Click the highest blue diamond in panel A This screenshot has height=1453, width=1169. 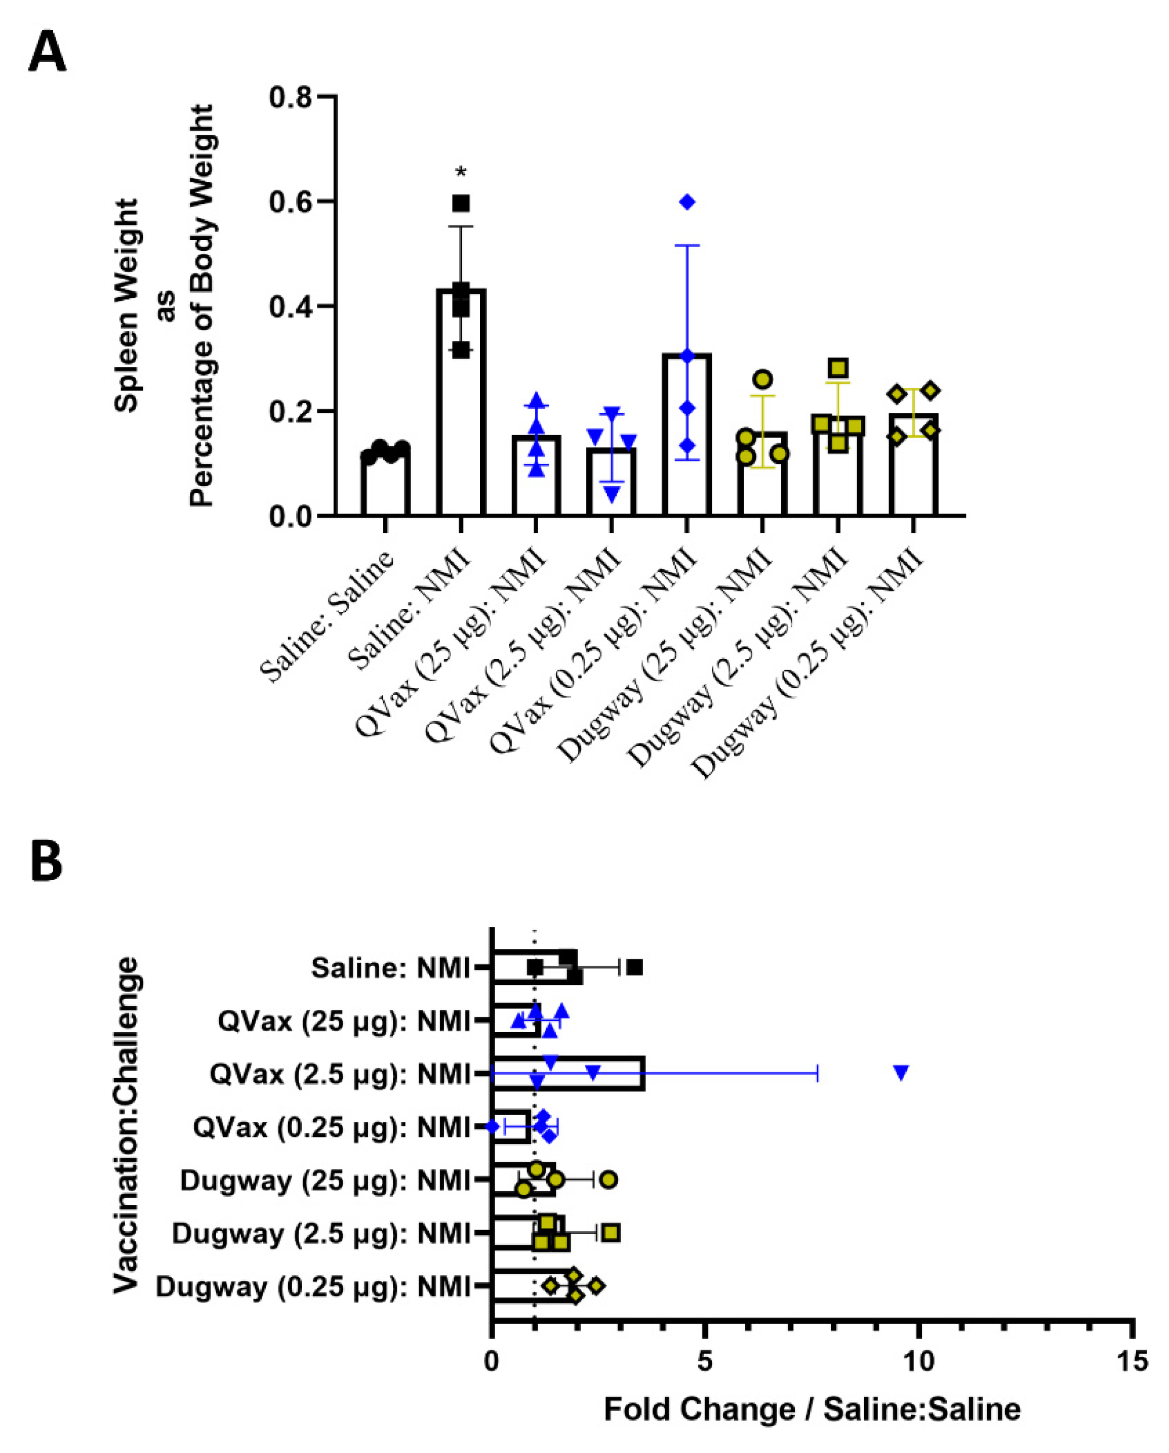click(687, 202)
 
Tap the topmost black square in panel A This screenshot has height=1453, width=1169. click(461, 203)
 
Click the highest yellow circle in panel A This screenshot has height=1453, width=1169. click(763, 379)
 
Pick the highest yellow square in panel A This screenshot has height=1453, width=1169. click(838, 368)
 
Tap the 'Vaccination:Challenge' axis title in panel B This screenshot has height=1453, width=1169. click(126, 1125)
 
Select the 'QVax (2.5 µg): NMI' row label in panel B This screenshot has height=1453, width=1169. click(340, 1074)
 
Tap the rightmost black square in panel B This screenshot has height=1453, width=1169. click(634, 968)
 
